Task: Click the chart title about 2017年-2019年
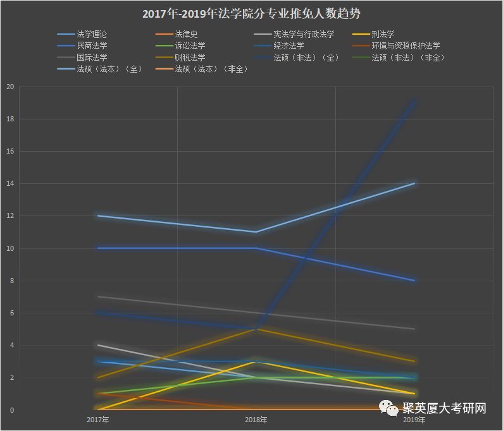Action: (x=251, y=13)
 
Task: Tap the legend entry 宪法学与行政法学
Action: (x=303, y=34)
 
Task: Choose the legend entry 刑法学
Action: (x=383, y=34)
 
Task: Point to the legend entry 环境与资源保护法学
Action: (x=406, y=46)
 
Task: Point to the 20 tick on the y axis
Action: (x=9, y=87)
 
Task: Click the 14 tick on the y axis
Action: (x=9, y=184)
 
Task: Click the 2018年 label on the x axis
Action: (x=256, y=419)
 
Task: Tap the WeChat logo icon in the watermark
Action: (x=390, y=410)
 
